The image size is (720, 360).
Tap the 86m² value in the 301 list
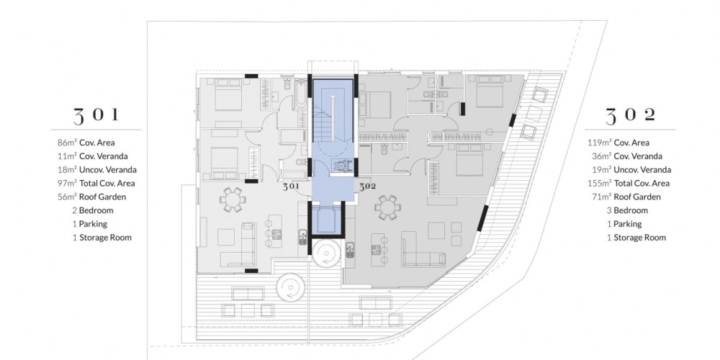pyautogui.click(x=66, y=143)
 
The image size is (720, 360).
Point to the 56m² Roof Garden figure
pyautogui.click(x=66, y=197)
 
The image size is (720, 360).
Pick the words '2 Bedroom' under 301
pyautogui.click(x=92, y=210)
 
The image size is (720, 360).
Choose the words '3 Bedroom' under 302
pyautogui.click(x=627, y=210)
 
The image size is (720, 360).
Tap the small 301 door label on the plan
pyautogui.click(x=291, y=186)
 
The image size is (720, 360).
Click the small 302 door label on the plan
pyautogui.click(x=367, y=186)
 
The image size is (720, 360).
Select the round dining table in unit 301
pyautogui.click(x=232, y=199)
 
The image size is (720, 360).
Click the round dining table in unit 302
pyautogui.click(x=387, y=207)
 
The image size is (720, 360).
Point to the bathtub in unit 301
pyautogui.click(x=301, y=94)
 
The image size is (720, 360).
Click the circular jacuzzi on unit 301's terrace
pyautogui.click(x=290, y=288)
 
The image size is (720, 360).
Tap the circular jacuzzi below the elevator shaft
pyautogui.click(x=326, y=253)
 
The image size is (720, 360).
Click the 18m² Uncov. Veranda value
pyautogui.click(x=66, y=169)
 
